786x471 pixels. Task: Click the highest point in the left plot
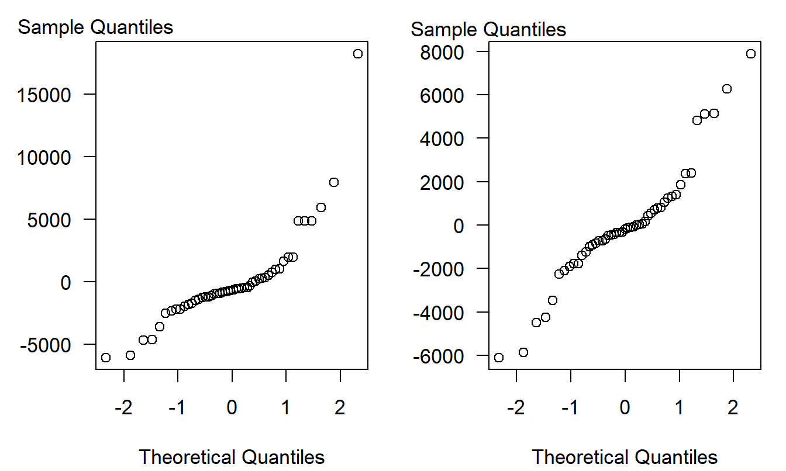pos(358,54)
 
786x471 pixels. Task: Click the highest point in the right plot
pos(751,54)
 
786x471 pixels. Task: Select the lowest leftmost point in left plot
pos(106,358)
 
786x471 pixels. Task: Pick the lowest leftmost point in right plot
pos(499,358)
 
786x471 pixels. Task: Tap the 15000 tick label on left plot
pos(57,95)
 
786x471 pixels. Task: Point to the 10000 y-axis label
pos(57,157)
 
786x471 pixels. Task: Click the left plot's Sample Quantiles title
pos(95,27)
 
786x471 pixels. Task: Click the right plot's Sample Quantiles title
pos(488,29)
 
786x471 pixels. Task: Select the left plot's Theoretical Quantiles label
pos(232,456)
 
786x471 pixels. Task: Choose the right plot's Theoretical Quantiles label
pos(625,456)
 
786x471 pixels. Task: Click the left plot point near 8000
pos(334,182)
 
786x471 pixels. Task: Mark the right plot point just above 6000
pos(727,89)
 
